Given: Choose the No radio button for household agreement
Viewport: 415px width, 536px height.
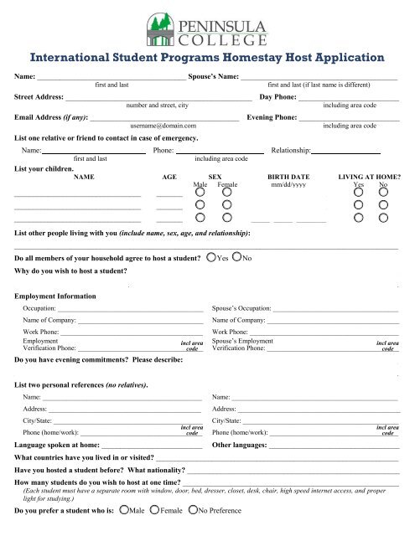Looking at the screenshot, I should [x=236, y=258].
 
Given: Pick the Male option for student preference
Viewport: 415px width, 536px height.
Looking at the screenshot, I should [x=126, y=508].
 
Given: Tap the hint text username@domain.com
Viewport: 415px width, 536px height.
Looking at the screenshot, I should [x=163, y=126].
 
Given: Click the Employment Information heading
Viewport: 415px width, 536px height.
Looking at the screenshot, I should [x=55, y=296].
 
